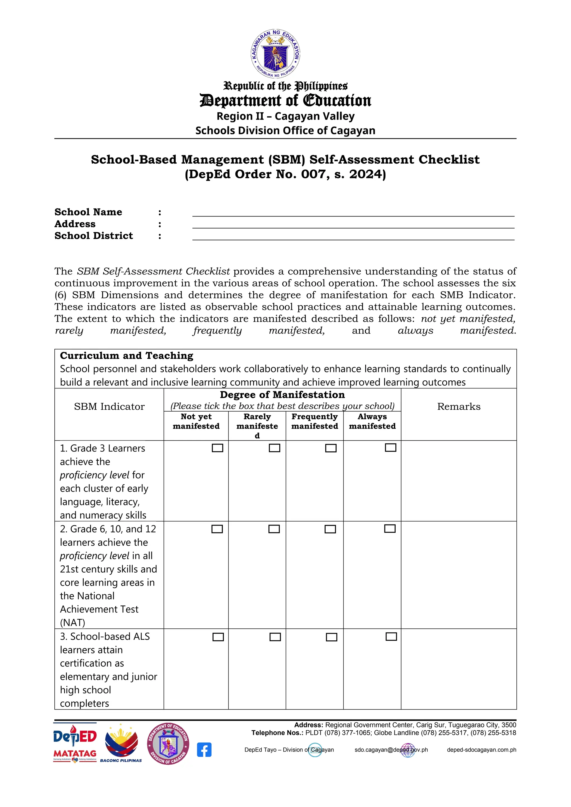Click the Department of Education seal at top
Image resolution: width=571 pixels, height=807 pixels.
[275, 54]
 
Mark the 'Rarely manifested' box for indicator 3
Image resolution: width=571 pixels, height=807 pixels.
[275, 637]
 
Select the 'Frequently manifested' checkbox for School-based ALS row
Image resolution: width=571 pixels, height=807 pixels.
[331, 637]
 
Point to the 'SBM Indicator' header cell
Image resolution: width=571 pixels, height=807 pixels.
[109, 407]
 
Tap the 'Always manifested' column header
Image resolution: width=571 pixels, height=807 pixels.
[372, 421]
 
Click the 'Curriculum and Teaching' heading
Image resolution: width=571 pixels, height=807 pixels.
[127, 356]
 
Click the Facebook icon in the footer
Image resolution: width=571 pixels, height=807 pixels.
[204, 750]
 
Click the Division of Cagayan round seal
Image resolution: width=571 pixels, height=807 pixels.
[168, 743]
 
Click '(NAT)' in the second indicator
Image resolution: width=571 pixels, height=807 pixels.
[72, 623]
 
